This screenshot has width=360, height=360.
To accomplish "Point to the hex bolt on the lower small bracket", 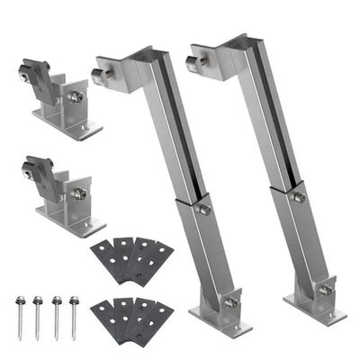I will (79, 191).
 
